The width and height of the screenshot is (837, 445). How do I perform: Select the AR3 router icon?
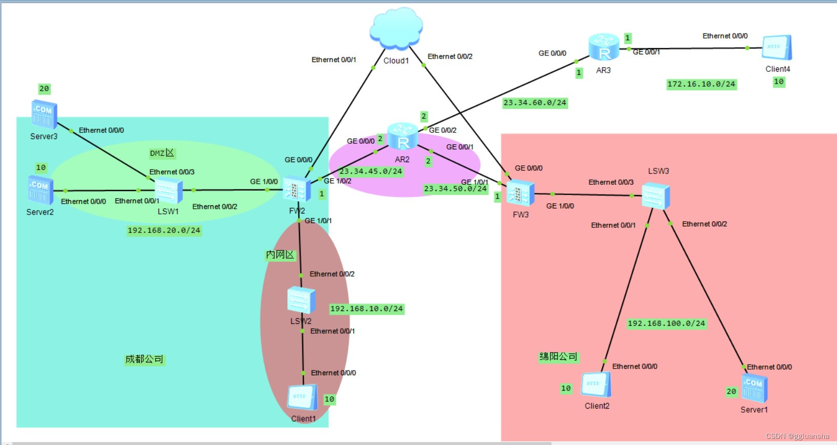(x=604, y=47)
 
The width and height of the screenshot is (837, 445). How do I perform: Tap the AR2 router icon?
(x=403, y=137)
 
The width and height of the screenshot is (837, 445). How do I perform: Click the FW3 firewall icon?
(x=520, y=194)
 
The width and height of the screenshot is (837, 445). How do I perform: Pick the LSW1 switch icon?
(x=168, y=191)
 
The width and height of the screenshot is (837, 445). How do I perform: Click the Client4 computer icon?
(x=776, y=48)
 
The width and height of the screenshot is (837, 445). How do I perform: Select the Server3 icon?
(x=44, y=114)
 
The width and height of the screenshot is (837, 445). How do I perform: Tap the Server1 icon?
(x=754, y=389)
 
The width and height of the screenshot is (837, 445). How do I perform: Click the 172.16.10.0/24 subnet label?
(x=701, y=84)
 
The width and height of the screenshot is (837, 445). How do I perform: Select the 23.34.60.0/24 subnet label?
(x=535, y=103)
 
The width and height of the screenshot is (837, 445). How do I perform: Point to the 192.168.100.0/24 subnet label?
(x=666, y=323)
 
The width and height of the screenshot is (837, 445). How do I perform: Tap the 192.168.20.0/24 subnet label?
(x=164, y=230)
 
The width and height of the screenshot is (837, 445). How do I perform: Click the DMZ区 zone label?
(x=162, y=153)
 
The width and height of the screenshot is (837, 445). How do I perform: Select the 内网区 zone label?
(x=280, y=255)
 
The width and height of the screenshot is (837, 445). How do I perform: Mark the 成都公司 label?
(x=144, y=359)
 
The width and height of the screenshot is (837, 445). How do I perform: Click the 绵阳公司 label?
(x=558, y=357)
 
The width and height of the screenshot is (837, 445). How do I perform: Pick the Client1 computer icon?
(x=302, y=398)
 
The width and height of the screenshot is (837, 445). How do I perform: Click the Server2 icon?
(x=41, y=190)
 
